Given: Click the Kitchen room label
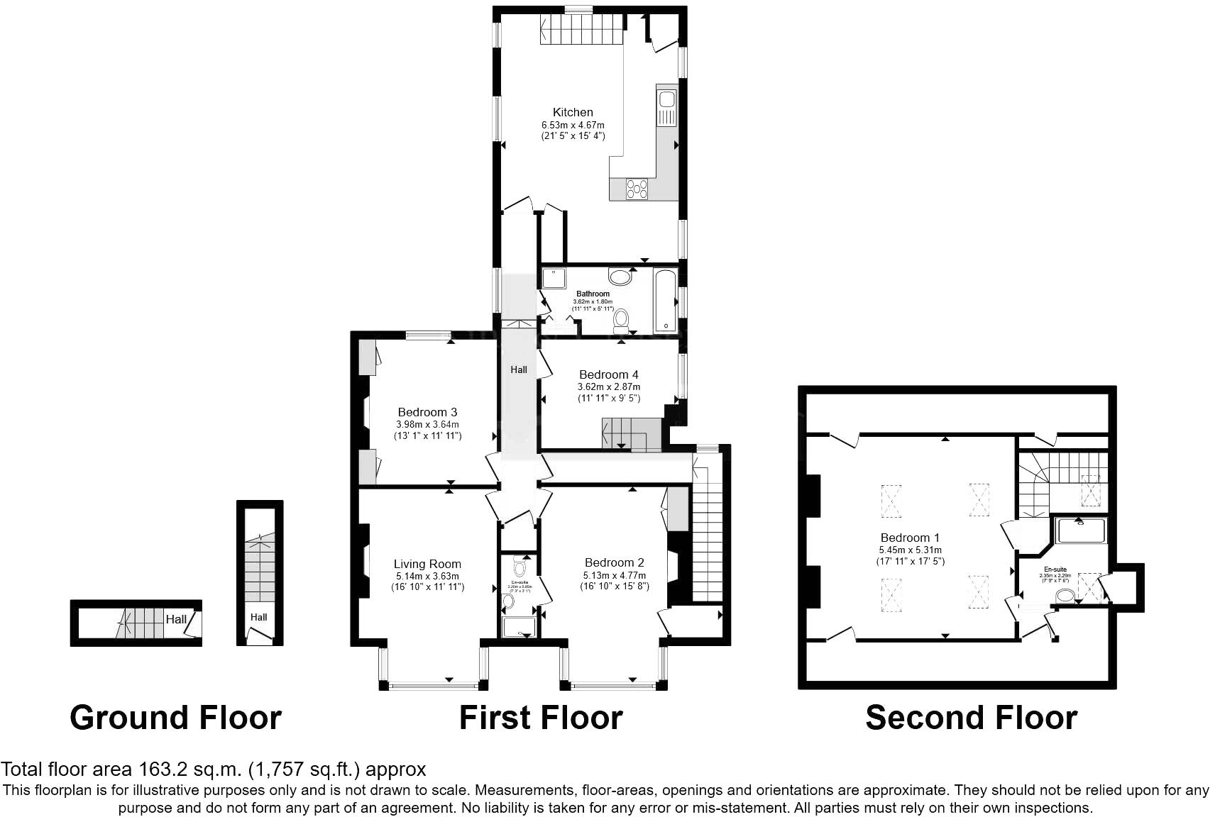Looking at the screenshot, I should [572, 112].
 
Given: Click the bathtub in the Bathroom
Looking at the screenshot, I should [666, 300].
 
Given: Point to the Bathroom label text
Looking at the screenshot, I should [593, 294].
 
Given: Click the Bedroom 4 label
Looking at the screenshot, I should [608, 374].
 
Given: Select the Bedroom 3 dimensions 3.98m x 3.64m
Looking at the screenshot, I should [427, 424].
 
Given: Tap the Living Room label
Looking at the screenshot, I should [427, 564].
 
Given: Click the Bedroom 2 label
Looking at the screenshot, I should [614, 562].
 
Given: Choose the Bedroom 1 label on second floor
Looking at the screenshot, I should [910, 538].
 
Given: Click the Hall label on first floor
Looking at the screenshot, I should [519, 369].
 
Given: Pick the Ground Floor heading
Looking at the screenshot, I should [175, 717].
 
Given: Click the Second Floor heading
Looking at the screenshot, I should [971, 717].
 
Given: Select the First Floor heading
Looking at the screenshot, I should [541, 717].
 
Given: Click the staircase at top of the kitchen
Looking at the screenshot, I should [582, 30].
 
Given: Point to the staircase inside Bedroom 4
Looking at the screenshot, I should [630, 433].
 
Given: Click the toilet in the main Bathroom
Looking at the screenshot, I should [622, 320].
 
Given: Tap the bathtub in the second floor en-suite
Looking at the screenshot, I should [1080, 530].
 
